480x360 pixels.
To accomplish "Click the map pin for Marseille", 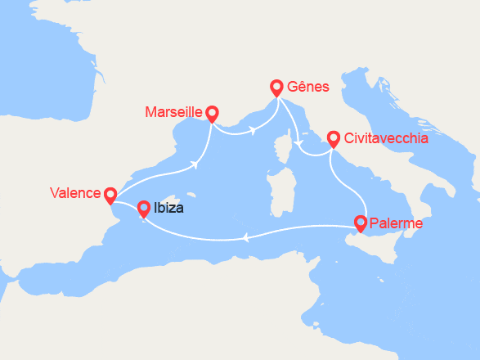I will [x=212, y=113].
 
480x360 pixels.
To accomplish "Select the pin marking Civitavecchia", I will [x=333, y=138].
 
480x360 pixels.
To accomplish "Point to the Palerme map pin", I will [x=360, y=221].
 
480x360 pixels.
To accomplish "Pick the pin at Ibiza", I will [x=143, y=208].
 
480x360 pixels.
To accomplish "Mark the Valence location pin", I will [x=110, y=194].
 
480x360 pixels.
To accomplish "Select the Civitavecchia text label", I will [x=386, y=138].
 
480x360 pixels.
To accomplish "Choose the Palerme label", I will [x=396, y=223].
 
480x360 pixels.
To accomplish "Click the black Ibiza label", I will [x=168, y=208].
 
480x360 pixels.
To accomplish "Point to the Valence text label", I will [x=74, y=193].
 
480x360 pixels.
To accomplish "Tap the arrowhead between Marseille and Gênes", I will [x=253, y=129].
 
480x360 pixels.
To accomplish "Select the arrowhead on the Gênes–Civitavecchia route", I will [x=300, y=146].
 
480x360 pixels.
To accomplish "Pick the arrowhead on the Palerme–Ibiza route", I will [x=245, y=238].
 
